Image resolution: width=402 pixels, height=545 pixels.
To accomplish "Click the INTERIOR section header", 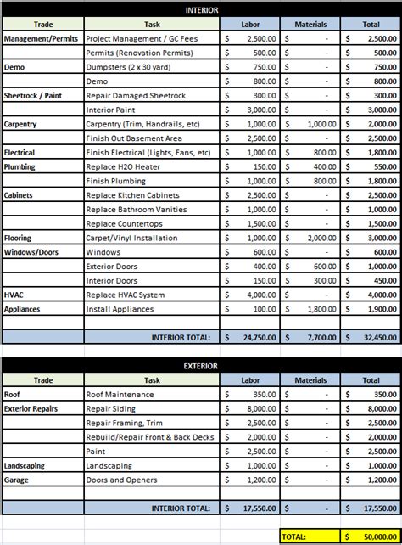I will coord(201,9).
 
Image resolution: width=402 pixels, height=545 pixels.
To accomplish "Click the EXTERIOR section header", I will coord(201,366).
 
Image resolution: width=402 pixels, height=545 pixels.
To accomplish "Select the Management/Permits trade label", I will coord(41,39).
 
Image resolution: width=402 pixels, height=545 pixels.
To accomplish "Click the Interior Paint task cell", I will coord(112,110).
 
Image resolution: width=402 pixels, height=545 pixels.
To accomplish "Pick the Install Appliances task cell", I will coord(120,309).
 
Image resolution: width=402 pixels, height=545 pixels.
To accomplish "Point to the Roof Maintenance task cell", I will coord(120,395).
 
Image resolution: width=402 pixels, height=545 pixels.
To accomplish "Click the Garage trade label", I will coord(18,480).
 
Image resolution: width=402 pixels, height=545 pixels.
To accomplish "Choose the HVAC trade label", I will coord(14,295).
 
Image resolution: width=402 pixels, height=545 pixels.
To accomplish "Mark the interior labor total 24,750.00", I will coord(255,338).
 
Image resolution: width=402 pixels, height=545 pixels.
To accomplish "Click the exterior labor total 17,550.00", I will coord(255,508).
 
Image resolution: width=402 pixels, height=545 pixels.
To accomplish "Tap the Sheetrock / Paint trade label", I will coord(33,96).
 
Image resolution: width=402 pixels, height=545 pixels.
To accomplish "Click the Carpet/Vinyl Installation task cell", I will coord(132,238).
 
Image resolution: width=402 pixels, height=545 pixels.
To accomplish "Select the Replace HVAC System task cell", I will coord(126,295).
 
